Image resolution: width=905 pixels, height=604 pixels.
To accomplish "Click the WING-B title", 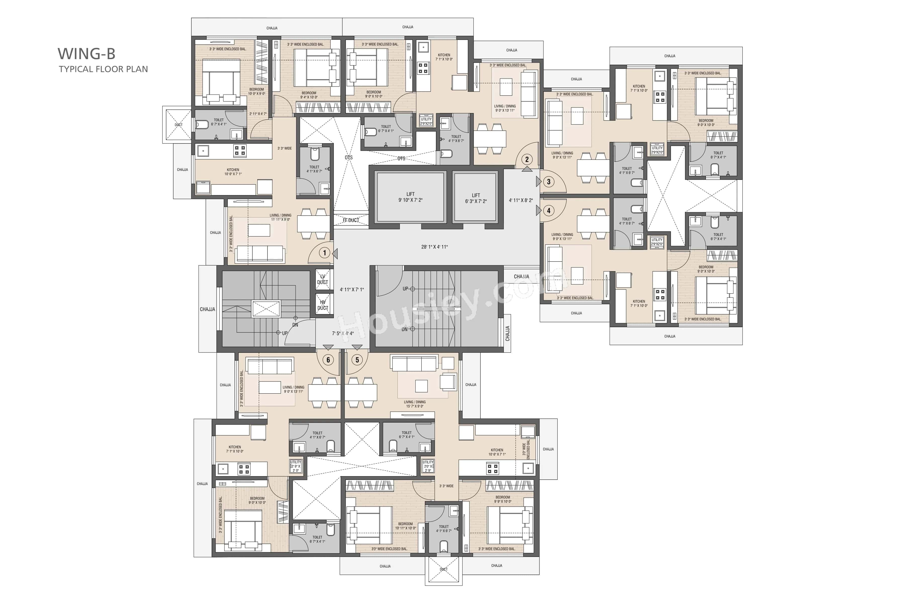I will (x=86, y=54).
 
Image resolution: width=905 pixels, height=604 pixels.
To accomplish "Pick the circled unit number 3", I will (x=549, y=181).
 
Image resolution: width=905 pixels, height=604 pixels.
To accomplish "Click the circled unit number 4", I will (x=549, y=210).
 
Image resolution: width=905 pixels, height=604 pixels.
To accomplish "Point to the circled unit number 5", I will (x=357, y=360).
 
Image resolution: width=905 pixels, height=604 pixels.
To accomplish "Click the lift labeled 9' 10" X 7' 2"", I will (x=410, y=197).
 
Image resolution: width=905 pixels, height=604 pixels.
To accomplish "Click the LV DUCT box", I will (x=323, y=279).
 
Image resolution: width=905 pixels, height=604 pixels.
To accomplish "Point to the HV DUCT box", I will (x=323, y=305).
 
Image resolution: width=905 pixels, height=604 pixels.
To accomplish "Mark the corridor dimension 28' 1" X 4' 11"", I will (x=434, y=247).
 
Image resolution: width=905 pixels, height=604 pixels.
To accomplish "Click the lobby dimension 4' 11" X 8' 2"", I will (x=521, y=200).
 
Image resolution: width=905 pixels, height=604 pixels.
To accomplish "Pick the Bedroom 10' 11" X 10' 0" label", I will (x=405, y=526).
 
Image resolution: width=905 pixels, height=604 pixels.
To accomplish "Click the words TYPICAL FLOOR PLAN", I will (x=103, y=69).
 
